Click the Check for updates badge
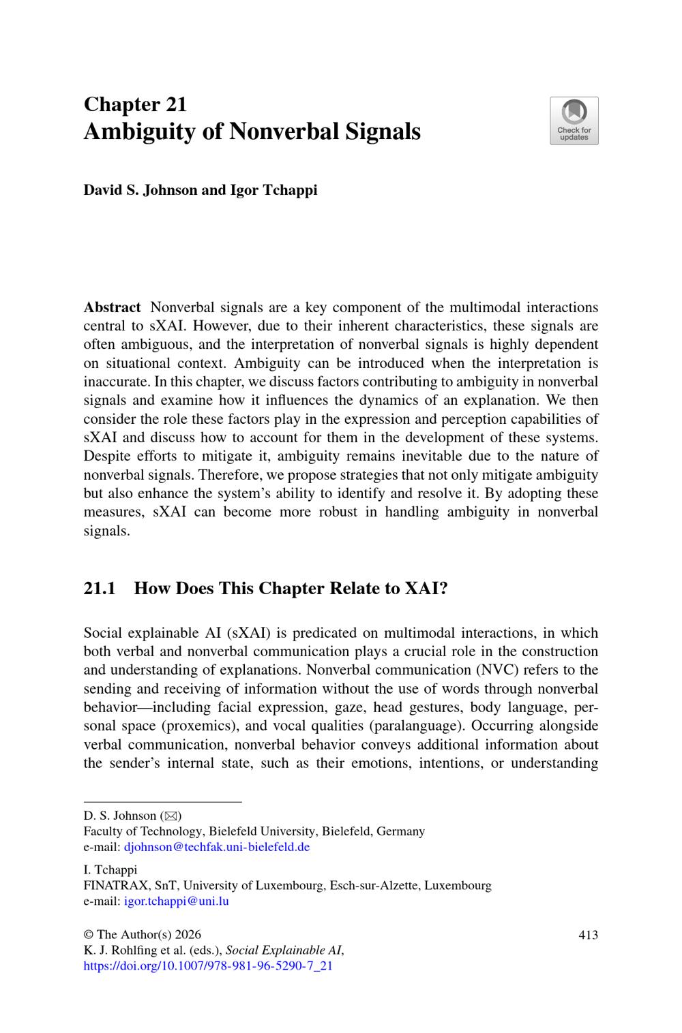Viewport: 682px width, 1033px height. click(x=574, y=121)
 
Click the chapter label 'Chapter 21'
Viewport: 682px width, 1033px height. click(x=135, y=104)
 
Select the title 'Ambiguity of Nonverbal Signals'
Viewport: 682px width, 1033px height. click(x=252, y=131)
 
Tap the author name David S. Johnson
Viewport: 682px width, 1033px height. click(x=140, y=190)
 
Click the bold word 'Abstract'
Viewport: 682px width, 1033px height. click(x=112, y=307)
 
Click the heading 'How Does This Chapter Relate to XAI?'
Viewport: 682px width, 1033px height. click(x=291, y=588)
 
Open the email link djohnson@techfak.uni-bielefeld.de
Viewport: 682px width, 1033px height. click(x=216, y=847)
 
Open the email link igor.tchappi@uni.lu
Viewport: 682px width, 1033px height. click(x=176, y=901)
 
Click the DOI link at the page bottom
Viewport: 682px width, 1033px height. click(x=208, y=966)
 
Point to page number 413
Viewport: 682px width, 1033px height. click(x=588, y=935)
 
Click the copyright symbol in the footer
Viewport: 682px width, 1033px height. click(x=88, y=935)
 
